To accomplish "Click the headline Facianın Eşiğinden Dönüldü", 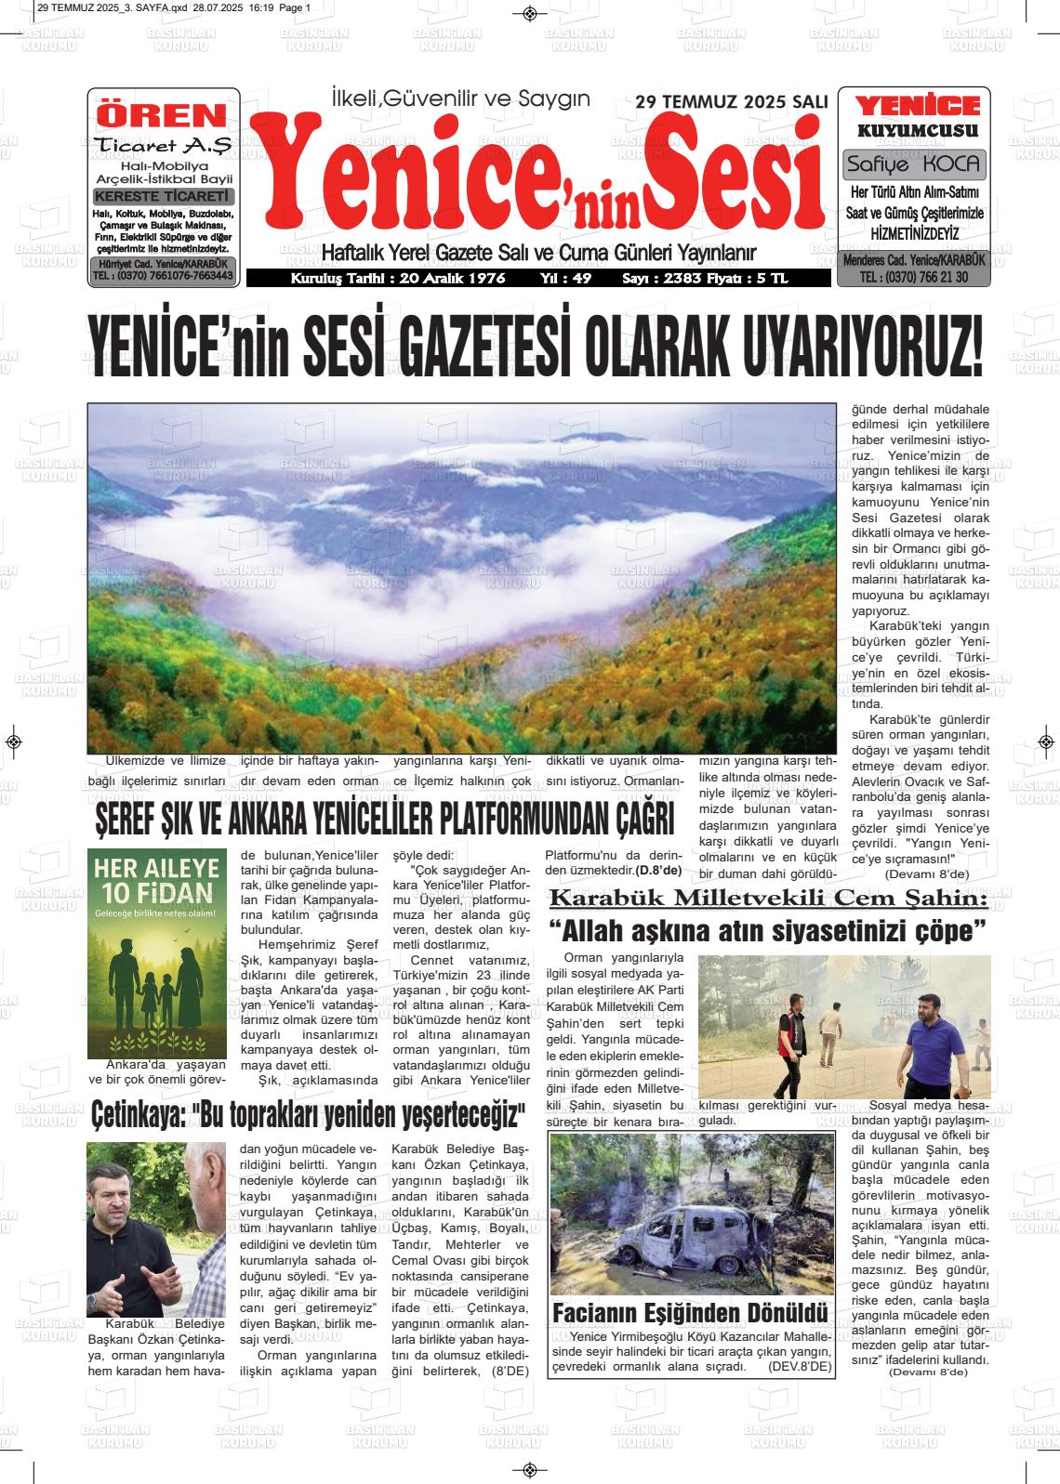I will tap(690, 1313).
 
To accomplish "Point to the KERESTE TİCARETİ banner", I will tap(163, 197).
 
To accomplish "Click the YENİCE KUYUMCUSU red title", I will tap(917, 116).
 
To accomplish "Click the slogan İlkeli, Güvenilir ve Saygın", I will tap(461, 98).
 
